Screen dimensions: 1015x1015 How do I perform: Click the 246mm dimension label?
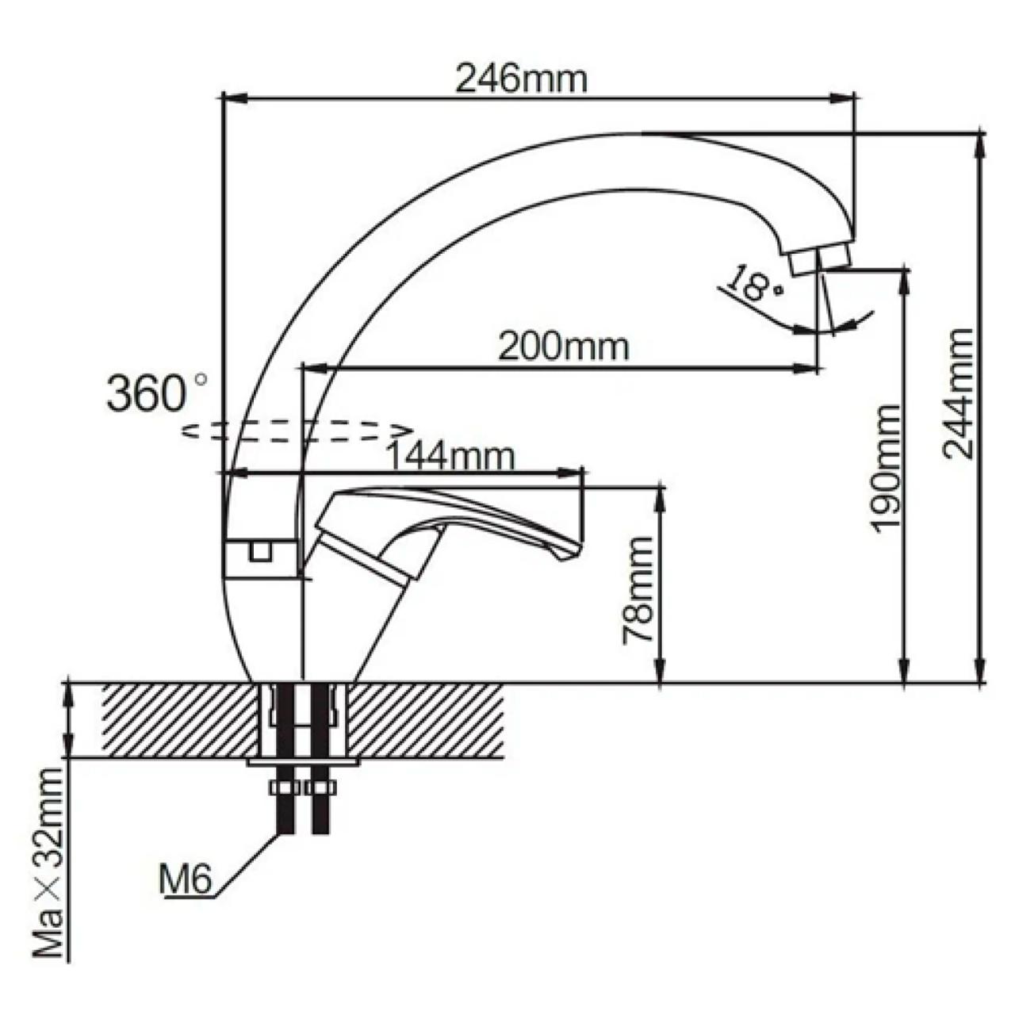click(x=520, y=80)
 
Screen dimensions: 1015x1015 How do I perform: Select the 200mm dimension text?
click(x=563, y=347)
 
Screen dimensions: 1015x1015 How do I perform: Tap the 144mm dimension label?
click(x=450, y=458)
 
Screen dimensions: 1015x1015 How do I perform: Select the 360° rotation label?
click(x=156, y=393)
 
